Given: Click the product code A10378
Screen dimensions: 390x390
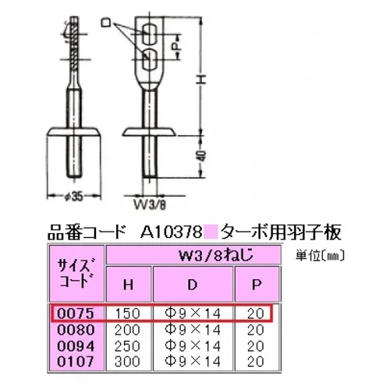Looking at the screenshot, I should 172,232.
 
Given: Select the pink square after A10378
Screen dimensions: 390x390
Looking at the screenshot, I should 213,232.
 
